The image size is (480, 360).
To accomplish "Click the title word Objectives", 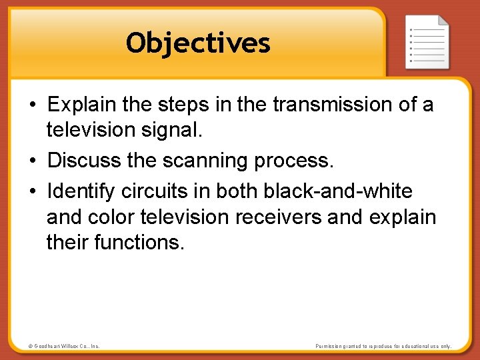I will [198, 43].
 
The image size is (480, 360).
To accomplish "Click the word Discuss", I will [84, 161].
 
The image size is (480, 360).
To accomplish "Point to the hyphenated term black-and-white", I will [338, 192].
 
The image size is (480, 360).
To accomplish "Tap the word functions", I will [139, 242].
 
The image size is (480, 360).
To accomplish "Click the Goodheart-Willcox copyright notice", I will [64, 346].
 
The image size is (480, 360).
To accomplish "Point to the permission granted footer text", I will [383, 346].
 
